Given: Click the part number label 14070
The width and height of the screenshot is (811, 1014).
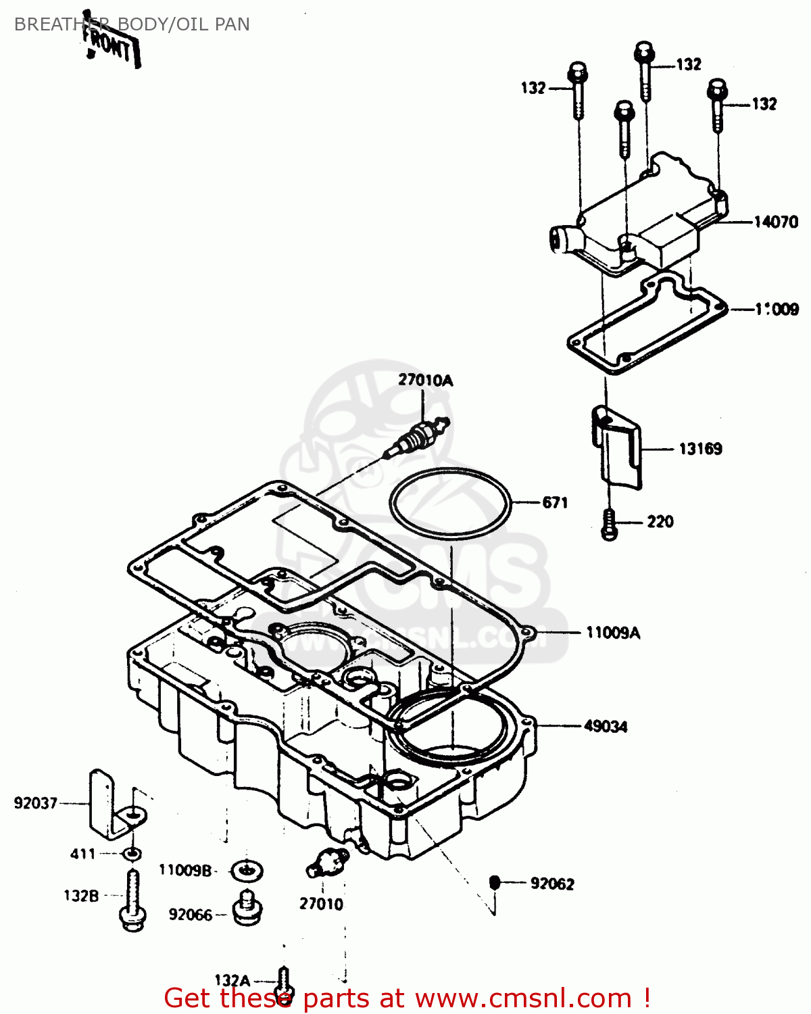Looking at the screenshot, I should [776, 222].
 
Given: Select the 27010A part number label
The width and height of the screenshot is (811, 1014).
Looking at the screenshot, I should [425, 380].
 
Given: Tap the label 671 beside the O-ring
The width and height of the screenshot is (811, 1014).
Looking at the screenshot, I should [555, 502].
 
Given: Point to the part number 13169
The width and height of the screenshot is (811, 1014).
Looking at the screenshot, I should [700, 449].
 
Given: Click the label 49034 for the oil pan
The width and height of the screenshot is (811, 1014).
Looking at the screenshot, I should [606, 726].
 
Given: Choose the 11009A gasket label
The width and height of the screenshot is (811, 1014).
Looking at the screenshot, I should [612, 633].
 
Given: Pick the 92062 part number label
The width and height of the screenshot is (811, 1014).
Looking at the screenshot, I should [552, 884].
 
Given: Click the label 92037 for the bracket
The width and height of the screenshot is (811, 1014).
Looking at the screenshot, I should [35, 803].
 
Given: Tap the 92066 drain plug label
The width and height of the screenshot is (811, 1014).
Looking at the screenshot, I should [190, 915].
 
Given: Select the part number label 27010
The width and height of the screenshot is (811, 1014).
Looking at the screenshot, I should [321, 904].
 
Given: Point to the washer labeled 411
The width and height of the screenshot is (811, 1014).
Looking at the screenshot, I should [133, 854].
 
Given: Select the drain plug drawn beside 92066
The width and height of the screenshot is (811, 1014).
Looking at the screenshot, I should [248, 907].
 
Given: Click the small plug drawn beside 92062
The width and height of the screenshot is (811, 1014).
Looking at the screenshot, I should [494, 882].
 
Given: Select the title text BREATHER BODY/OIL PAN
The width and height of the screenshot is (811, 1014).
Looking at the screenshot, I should [132, 24].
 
